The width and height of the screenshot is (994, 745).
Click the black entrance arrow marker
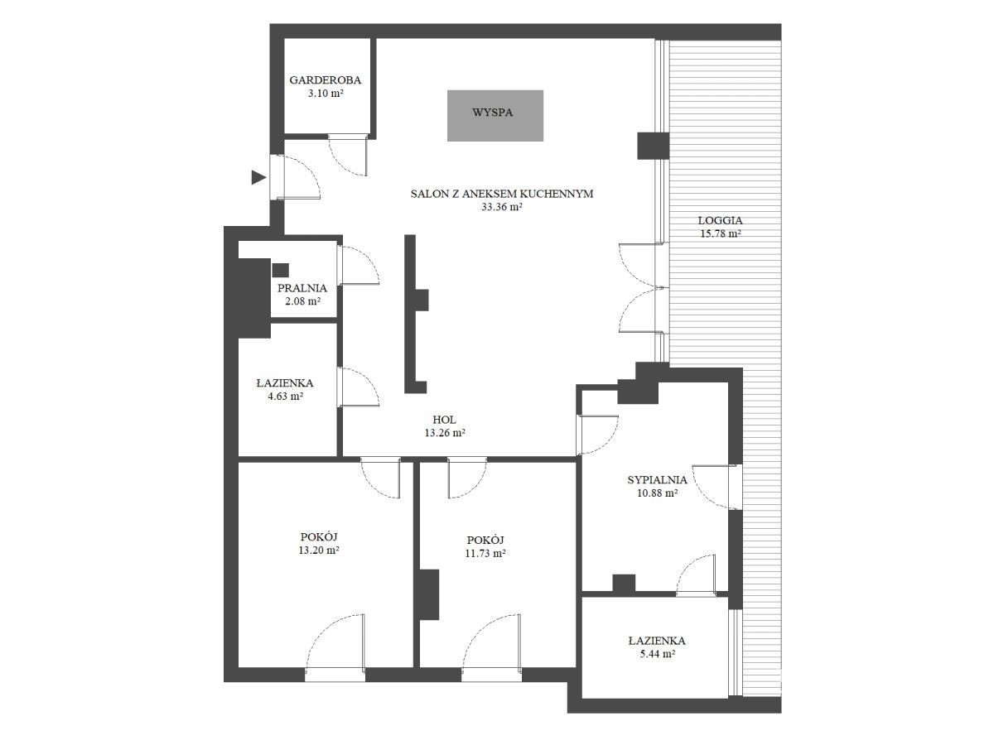tap(258, 177)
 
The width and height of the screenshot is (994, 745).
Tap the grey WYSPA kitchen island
tap(495, 115)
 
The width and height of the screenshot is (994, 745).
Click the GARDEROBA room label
tap(325, 80)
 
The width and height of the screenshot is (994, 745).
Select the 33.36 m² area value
tap(502, 207)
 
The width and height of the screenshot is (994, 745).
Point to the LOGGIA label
tap(720, 221)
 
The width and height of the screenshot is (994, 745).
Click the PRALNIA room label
tap(302, 288)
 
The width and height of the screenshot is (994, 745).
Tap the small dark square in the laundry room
tap(280, 270)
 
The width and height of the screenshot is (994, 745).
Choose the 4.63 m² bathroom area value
tap(285, 397)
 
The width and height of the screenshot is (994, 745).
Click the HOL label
tap(444, 420)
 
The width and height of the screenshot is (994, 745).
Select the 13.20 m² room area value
tap(319, 550)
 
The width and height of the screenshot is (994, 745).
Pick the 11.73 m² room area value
tap(485, 553)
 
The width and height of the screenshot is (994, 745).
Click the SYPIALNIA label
tap(657, 480)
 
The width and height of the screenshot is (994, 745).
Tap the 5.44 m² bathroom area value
tap(657, 654)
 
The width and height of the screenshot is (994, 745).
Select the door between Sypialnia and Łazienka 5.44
tap(697, 574)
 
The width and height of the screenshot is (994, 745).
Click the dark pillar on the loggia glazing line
tap(653, 146)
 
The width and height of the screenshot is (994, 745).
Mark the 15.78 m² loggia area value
tap(721, 234)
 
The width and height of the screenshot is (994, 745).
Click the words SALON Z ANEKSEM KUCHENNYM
tap(502, 194)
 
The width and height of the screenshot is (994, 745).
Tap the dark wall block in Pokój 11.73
tap(428, 594)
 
